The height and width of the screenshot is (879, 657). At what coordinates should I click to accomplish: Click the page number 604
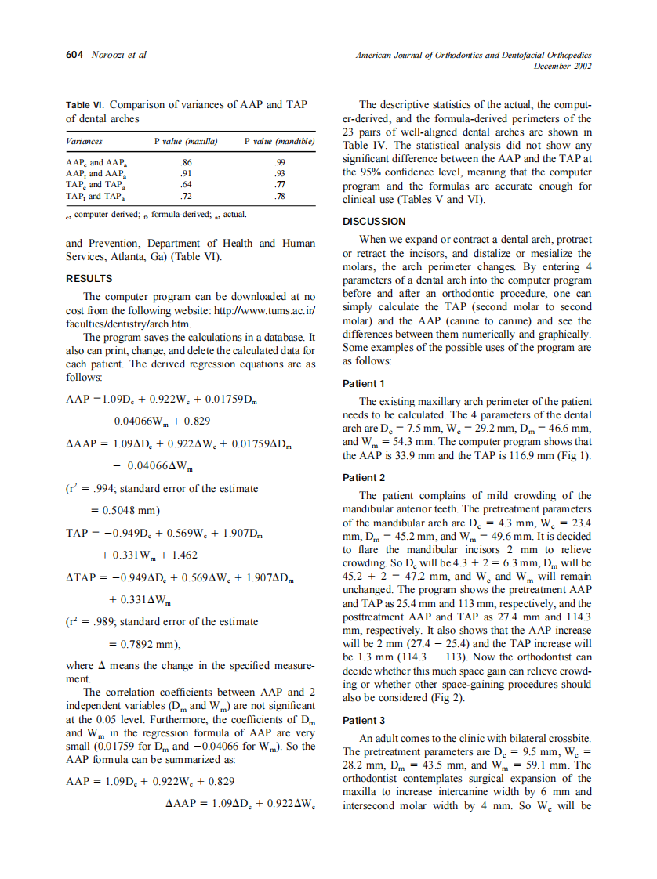tap(74, 56)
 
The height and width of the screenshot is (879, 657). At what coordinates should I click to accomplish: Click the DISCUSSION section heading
tap(375, 222)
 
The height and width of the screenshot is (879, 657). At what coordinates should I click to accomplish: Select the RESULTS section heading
tap(89, 278)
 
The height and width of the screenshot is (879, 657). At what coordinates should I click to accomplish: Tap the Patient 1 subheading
tap(365, 384)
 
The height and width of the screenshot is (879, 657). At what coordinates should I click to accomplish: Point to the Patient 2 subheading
tap(365, 477)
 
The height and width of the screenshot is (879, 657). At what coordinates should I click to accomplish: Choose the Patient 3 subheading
tap(365, 720)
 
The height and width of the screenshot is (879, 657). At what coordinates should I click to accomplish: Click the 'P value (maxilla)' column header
tap(186, 142)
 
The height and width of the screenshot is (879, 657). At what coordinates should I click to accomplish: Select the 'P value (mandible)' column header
tap(280, 142)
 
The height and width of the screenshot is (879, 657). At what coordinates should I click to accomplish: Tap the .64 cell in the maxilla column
tap(186, 184)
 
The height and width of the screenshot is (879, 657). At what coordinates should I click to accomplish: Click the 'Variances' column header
tap(84, 142)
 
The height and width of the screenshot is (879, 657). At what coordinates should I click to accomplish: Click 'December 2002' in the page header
tap(562, 67)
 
